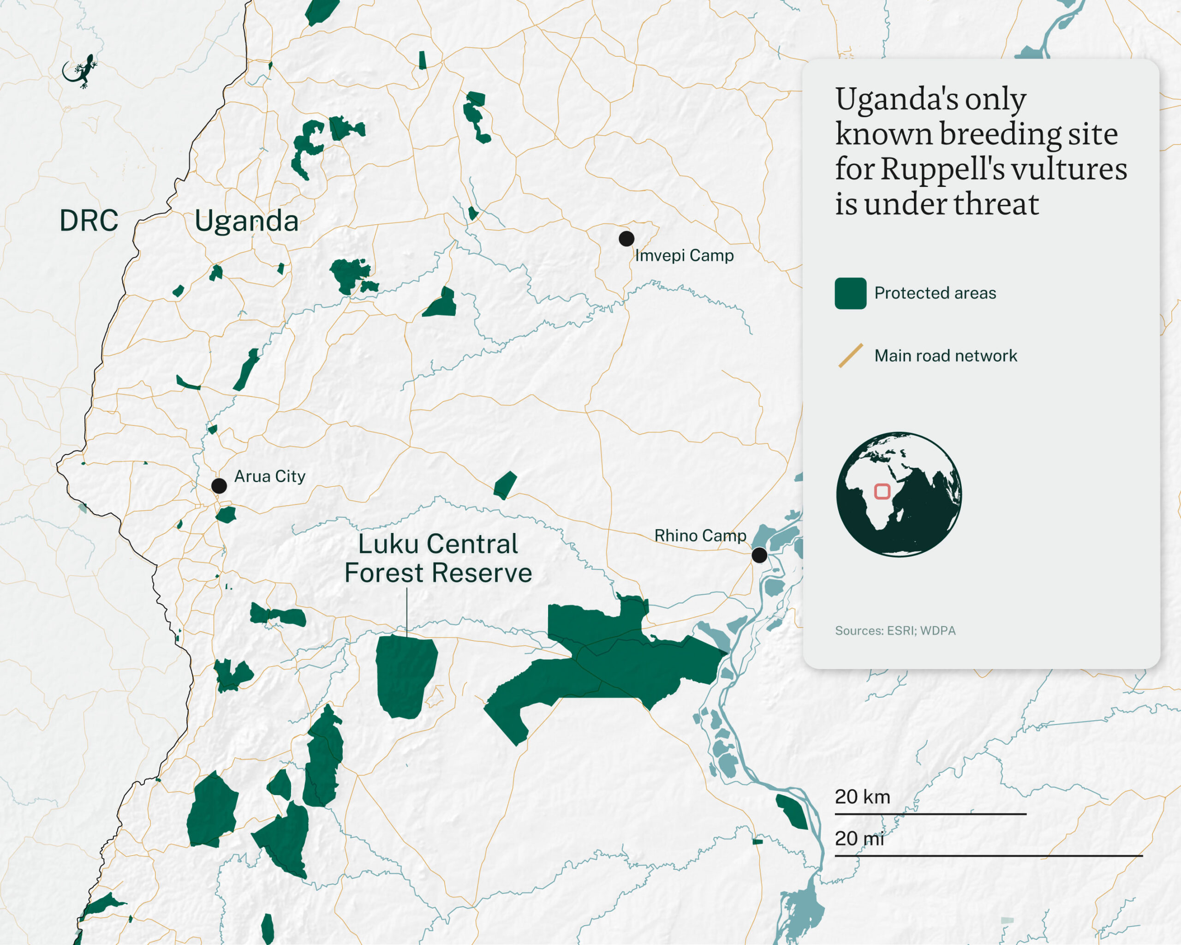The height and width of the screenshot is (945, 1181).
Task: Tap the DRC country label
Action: [x=89, y=221]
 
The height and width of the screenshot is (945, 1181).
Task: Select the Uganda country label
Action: [x=246, y=221]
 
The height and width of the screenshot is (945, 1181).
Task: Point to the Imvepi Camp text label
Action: [x=684, y=256]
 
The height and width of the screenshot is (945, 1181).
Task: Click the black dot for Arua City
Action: [x=219, y=485]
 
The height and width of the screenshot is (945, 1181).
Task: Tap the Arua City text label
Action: [x=269, y=477]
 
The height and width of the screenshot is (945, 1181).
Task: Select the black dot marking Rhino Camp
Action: [x=759, y=555]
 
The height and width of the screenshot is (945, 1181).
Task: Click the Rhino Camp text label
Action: [x=700, y=535]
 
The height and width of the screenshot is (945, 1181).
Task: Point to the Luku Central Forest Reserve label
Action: [x=438, y=558]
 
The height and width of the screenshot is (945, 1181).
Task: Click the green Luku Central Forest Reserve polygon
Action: [x=406, y=676]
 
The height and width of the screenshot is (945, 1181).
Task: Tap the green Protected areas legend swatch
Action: [x=850, y=293]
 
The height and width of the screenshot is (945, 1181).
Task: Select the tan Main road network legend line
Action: [x=851, y=356]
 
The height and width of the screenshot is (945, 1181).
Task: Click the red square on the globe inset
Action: [x=882, y=491]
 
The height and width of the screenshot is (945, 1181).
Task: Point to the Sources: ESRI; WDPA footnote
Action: [x=895, y=631]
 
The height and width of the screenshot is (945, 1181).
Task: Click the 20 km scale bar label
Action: [x=862, y=796]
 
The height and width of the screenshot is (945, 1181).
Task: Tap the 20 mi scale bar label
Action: [x=859, y=838]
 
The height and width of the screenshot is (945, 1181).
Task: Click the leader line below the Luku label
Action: [x=406, y=611]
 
